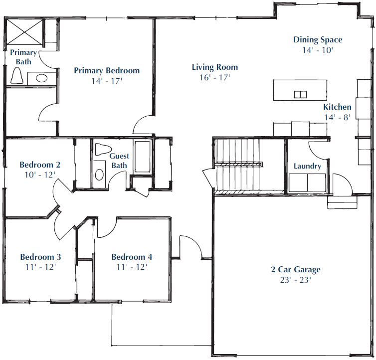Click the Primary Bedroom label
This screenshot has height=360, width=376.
pos(107,70)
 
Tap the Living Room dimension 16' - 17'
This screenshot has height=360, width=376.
pos(215,77)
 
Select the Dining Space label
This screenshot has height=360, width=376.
pos(318,40)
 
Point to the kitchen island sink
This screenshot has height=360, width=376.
pos(301,95)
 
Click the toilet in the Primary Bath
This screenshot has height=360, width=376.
pos(17,75)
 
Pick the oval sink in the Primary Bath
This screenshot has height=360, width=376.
pos(41,78)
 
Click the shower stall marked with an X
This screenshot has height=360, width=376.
pos(24,32)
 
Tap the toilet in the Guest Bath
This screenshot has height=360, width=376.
pos(103,149)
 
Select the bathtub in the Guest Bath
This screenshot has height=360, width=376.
pos(143,157)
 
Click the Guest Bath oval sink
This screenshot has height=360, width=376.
pos(99,175)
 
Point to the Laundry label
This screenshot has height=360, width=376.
pos(307,166)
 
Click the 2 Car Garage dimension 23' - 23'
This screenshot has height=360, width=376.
pos(296,280)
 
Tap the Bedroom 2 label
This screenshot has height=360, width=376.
pos(40,165)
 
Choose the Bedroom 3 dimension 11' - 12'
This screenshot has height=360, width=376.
pos(40,267)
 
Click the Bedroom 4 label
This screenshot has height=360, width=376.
pos(132,257)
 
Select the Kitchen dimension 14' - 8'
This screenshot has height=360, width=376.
pos(338,117)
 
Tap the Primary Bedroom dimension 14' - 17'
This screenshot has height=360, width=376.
pos(107,81)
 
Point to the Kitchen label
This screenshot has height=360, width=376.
pos(338,107)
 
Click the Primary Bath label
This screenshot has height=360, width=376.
pos(23,57)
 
